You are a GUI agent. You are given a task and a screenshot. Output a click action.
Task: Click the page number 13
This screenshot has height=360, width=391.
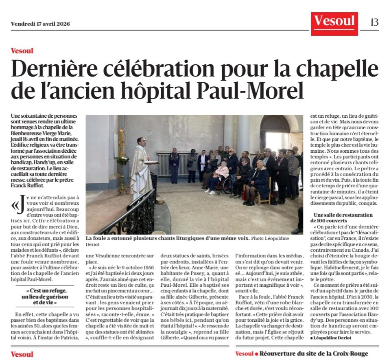pos(374,22)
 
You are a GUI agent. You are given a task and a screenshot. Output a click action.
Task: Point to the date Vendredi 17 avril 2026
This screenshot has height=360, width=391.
pos(40,24)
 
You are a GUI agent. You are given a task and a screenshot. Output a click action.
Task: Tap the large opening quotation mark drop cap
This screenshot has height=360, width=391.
pos(16,206)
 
